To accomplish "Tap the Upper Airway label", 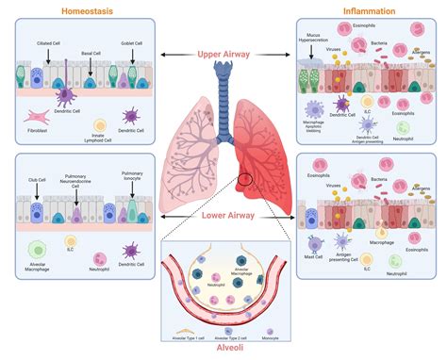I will point(223,56).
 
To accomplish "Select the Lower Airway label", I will point(223,215).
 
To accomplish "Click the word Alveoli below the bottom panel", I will point(223,351).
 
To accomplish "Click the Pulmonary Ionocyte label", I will point(132,177).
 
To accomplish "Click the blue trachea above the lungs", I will point(223,94).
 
